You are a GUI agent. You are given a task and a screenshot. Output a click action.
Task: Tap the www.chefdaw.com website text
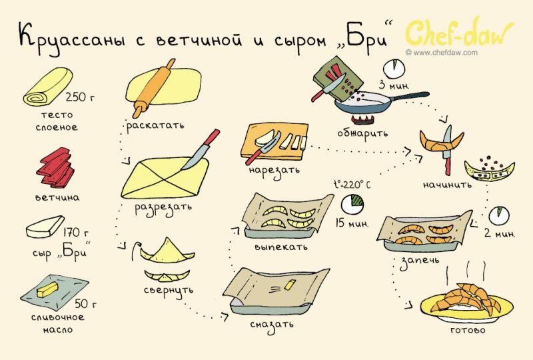pos(441,53)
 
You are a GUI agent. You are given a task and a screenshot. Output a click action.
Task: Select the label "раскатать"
pos(155,125)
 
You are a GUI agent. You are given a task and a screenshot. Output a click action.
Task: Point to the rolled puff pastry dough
pos(48,87)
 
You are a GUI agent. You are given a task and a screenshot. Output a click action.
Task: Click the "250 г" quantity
pos(80,97)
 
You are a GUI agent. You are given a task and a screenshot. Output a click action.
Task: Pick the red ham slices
pos(55,167)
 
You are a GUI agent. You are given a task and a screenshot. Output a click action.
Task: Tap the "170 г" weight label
pos(76,232)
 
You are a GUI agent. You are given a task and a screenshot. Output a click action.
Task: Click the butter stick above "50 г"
pos(47,289)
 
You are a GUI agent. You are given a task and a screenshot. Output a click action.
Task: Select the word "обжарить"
pos(362,133)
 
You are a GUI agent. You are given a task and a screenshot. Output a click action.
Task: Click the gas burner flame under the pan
pos(363,119)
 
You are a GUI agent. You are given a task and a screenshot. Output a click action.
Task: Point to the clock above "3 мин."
pos(394,69)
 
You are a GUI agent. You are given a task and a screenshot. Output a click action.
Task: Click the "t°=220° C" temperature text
pos(352,185)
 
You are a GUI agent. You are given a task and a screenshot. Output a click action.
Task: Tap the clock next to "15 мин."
pos(352,205)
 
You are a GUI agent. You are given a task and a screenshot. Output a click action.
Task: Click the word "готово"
pos(468,330)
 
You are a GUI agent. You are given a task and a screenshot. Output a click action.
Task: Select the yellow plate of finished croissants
pos(467,304)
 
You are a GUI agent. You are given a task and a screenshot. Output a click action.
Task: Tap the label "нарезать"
pos(274,169)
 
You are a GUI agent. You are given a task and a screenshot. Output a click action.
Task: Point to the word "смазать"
pos(272,324)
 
